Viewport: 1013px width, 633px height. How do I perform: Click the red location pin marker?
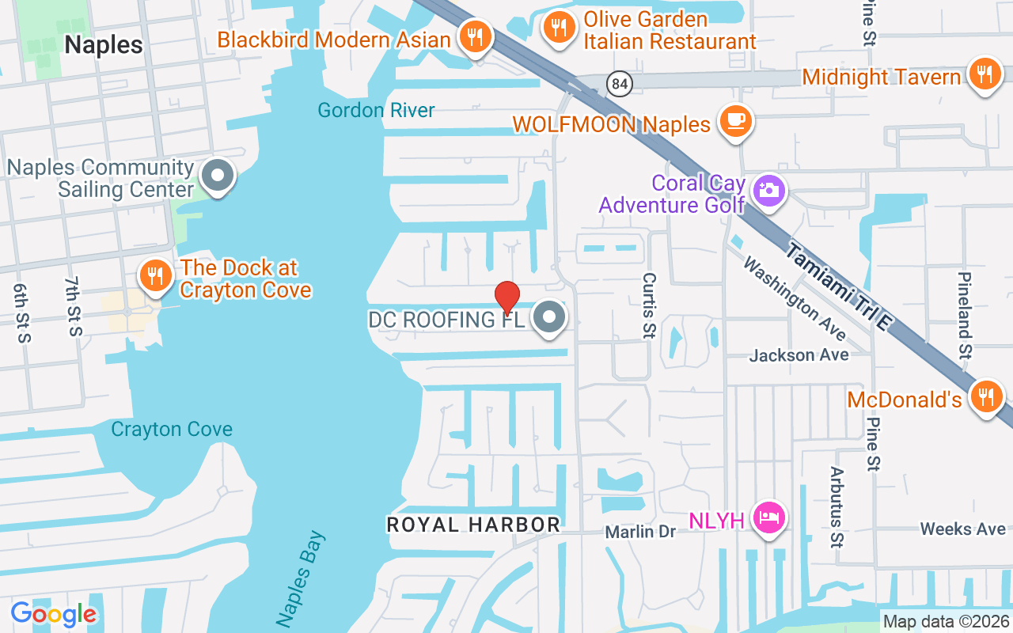tap(506, 298)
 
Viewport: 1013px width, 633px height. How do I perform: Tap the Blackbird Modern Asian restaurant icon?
tap(475, 37)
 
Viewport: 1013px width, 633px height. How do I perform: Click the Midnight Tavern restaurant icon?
tap(985, 74)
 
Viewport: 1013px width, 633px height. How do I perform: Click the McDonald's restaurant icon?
tap(986, 397)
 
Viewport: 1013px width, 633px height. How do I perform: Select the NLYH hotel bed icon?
tap(768, 518)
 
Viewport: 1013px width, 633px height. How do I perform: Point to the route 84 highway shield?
tap(619, 82)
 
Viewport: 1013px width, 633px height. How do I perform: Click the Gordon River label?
tap(377, 110)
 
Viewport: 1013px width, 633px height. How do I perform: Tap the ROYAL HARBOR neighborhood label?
tap(473, 525)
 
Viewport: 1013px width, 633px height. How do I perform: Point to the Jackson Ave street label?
tap(799, 355)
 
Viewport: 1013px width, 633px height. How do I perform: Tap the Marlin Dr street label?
tap(640, 532)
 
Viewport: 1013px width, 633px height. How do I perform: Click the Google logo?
tap(54, 614)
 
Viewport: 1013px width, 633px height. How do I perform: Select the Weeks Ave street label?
tap(962, 529)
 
